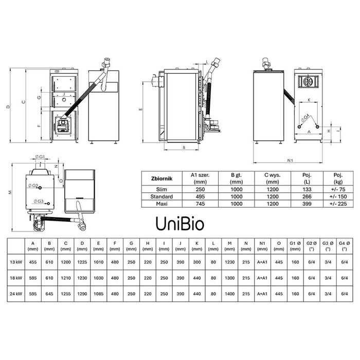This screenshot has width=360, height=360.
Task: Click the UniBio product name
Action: pyautogui.click(x=180, y=224)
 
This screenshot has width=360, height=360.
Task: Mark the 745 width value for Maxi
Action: pyautogui.click(x=197, y=204)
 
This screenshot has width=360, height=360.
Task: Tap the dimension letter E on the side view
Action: pyautogui.click(x=140, y=110)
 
